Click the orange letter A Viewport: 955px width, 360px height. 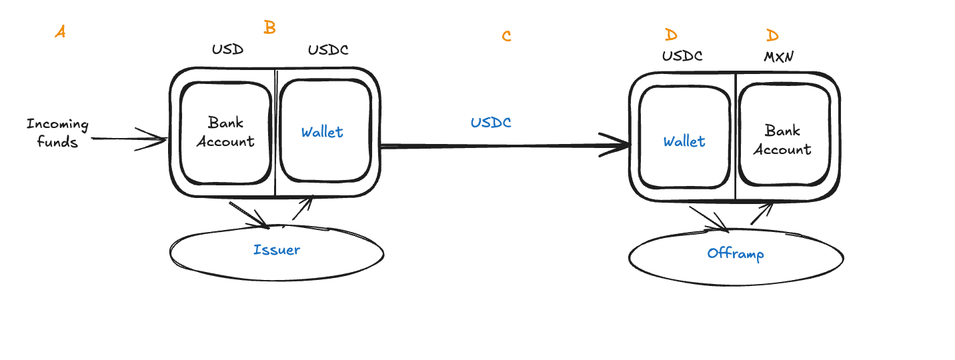pyautogui.click(x=60, y=31)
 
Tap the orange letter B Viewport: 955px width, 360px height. pyautogui.click(x=269, y=27)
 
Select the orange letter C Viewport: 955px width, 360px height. pyautogui.click(x=507, y=36)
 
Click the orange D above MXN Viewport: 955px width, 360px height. pyautogui.click(x=772, y=35)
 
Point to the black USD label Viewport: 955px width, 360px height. pyautogui.click(x=227, y=50)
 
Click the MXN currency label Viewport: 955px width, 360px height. pyautogui.click(x=778, y=57)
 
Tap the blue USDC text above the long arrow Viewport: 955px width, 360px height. pyautogui.click(x=491, y=123)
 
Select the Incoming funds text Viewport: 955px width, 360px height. pyautogui.click(x=57, y=133)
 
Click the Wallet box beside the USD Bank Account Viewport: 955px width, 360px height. pyautogui.click(x=324, y=131)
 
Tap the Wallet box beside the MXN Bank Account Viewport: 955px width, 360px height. pyautogui.click(x=685, y=141)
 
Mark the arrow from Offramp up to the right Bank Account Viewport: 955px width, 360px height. pyautogui.click(x=762, y=214)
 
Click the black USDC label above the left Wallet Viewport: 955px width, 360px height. pyautogui.click(x=327, y=50)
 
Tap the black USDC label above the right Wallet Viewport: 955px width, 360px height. pyautogui.click(x=682, y=57)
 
